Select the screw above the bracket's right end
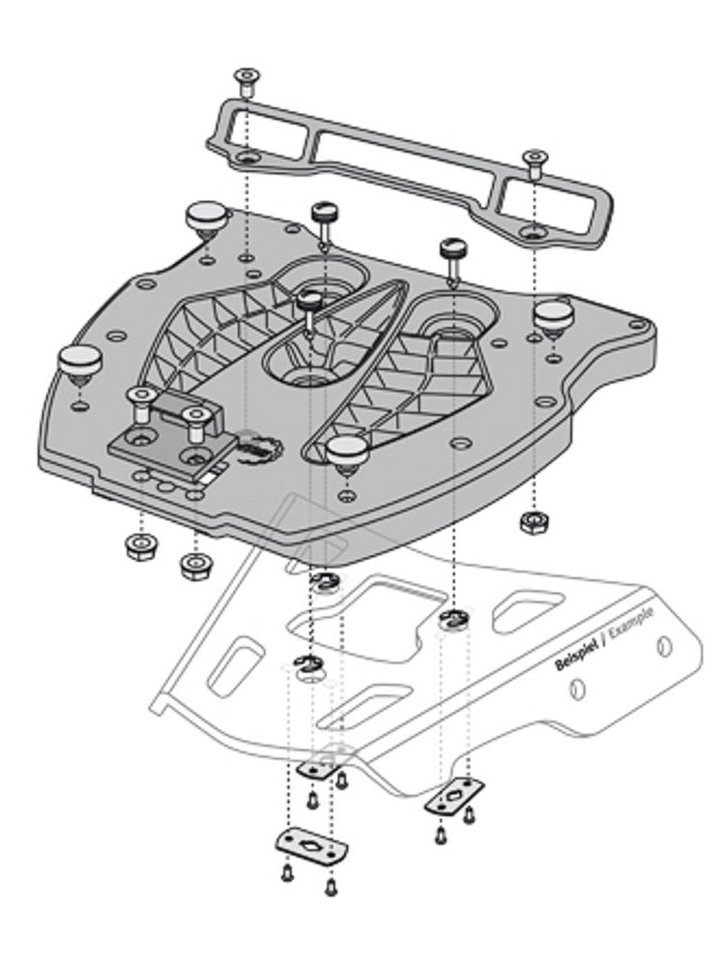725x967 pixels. pyautogui.click(x=532, y=159)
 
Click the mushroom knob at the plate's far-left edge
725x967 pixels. pyautogui.click(x=79, y=361)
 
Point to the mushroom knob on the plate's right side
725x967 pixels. pyautogui.click(x=556, y=314)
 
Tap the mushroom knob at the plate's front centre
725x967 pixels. pyautogui.click(x=347, y=449)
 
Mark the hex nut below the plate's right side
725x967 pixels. pyautogui.click(x=531, y=522)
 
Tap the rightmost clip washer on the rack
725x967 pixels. pyautogui.click(x=451, y=618)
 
